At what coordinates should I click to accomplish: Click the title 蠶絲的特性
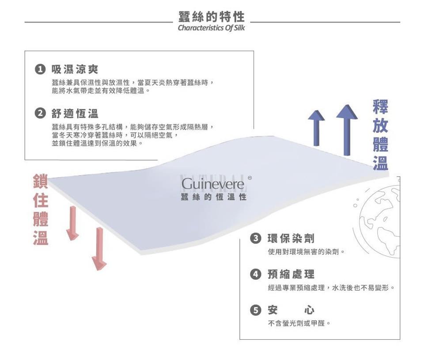[212, 17]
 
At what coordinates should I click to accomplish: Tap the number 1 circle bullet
[40, 70]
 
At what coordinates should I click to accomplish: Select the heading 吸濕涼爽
[75, 70]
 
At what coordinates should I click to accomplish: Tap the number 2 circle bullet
[40, 114]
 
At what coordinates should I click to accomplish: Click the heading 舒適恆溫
[75, 114]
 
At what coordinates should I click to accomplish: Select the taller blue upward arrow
[347, 130]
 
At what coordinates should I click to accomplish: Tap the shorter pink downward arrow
[72, 223]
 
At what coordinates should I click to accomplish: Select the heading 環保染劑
[291, 239]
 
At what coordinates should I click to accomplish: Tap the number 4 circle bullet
[255, 274]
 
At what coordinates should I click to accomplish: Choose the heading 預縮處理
[291, 274]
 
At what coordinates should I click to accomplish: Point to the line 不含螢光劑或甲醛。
[299, 323]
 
